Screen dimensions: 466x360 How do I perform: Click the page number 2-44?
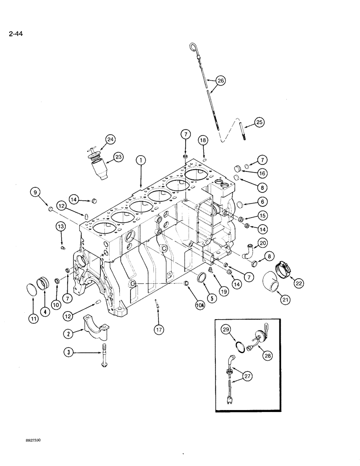(x=14, y=34)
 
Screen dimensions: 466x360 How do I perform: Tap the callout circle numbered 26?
(x=221, y=81)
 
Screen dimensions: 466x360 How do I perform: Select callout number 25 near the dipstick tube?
(x=259, y=123)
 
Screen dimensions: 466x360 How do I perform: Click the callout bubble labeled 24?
(x=110, y=139)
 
